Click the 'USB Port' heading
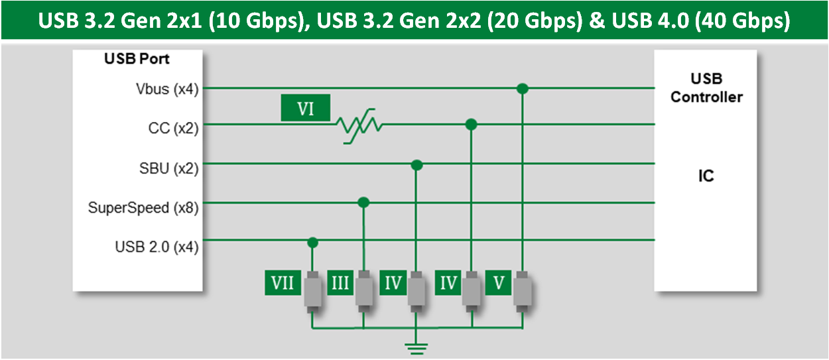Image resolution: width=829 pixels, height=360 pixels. (x=137, y=59)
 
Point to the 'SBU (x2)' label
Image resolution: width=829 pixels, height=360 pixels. (x=168, y=168)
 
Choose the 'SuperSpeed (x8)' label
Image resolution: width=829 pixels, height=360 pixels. (x=143, y=208)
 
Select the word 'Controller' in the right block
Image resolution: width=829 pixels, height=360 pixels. (x=706, y=97)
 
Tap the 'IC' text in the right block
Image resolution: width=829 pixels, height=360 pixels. (x=707, y=177)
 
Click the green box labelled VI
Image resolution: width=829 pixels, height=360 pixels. (x=305, y=109)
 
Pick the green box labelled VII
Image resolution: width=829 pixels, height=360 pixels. (x=283, y=284)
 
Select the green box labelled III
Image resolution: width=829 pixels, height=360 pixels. (x=339, y=284)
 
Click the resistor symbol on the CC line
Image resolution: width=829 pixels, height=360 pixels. (x=359, y=125)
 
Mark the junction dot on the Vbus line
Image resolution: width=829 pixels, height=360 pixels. (x=523, y=88)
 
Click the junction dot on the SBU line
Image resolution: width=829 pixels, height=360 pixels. (x=416, y=164)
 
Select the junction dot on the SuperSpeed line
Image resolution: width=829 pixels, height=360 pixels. (x=363, y=202)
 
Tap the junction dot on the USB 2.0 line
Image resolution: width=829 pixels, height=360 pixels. (x=312, y=243)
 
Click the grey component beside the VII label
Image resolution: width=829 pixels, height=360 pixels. (x=312, y=290)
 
